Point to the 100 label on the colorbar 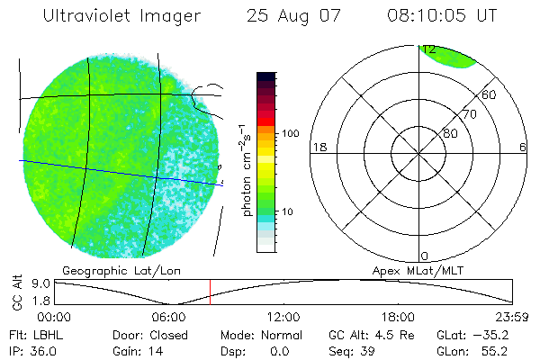click(x=290, y=133)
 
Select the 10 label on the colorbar click(x=288, y=212)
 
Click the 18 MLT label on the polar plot click(x=318, y=148)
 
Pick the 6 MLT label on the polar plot click(x=522, y=148)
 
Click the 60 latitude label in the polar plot click(x=490, y=94)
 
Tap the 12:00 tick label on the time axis click(x=283, y=317)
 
